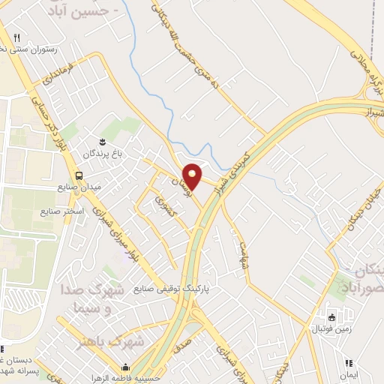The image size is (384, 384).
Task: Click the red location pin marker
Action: [x=193, y=175]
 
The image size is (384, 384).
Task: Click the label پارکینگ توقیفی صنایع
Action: [x=169, y=288]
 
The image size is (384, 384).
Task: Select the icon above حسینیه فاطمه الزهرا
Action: [x=125, y=367]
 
